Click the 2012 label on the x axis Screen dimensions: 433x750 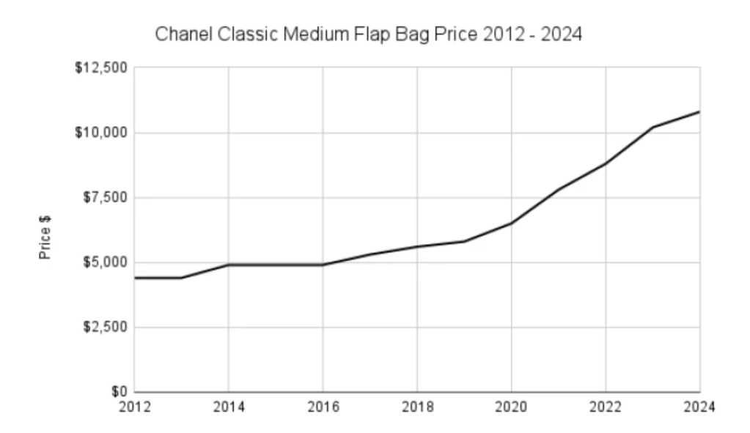click(x=135, y=406)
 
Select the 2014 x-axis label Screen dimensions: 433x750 click(x=229, y=406)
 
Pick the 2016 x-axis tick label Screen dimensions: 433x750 click(x=323, y=406)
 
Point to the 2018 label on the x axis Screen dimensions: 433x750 click(x=417, y=406)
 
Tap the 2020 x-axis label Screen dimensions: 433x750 click(x=511, y=406)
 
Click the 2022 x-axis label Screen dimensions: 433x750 click(x=606, y=406)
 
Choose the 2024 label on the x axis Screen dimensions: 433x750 click(x=699, y=406)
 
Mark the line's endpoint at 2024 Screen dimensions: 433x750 click(x=699, y=112)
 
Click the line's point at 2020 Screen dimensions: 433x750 click(x=511, y=223)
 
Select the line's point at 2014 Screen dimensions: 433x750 click(x=229, y=264)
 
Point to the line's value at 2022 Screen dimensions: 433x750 click(x=606, y=163)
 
